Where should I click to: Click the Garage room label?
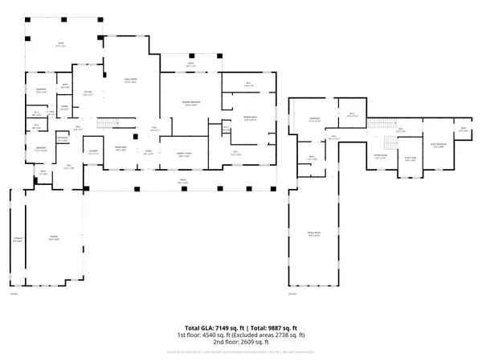tap(53, 238)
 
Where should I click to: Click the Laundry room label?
tap(94, 151)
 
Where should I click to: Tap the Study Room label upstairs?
tap(410, 159)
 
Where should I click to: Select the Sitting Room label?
tap(380, 158)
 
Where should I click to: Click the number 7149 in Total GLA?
tap(216, 328)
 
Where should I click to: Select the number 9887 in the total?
tap(273, 328)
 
